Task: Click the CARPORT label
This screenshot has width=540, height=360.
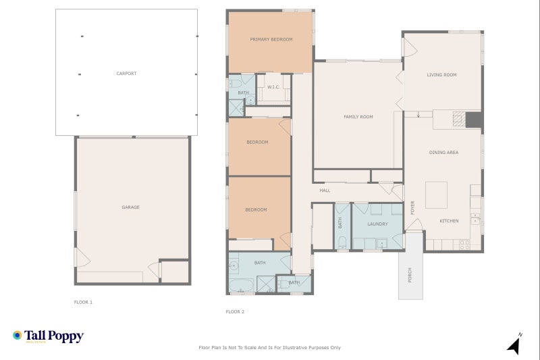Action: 126,73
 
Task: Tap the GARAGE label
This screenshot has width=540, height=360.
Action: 130,207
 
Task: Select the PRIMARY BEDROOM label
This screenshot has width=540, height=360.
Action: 271,39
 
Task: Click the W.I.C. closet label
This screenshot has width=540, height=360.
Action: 273,87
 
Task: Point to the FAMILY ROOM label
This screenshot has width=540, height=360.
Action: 358,117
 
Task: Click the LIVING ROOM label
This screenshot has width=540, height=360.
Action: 442,75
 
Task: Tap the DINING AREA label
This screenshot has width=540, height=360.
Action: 443,153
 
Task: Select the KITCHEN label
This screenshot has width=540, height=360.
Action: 449,221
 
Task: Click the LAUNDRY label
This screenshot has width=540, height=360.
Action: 377,224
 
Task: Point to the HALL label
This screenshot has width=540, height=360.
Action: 325,190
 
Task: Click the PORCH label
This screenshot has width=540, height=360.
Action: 410,275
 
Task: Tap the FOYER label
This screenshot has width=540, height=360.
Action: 412,208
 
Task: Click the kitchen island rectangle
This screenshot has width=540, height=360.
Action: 437,195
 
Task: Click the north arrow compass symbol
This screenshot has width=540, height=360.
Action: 514,344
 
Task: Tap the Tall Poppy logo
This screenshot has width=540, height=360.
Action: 48,336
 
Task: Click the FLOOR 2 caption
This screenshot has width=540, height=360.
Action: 235,312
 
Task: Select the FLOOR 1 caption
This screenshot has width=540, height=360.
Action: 83,302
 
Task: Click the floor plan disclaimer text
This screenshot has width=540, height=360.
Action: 269,347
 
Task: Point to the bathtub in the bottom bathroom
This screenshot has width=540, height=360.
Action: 241,284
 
